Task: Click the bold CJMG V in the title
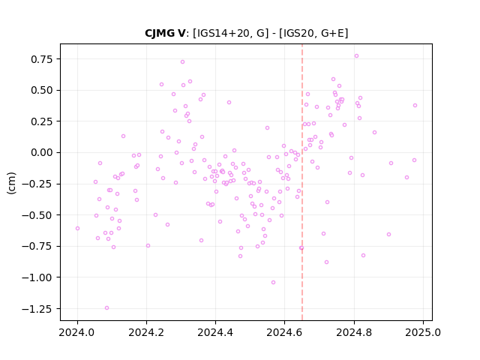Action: (x=165, y=33)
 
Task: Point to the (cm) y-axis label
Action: (x=11, y=183)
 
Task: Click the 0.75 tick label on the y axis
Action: (x=42, y=59)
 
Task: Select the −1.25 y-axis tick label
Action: (x=37, y=309)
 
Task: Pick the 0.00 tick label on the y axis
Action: (x=42, y=152)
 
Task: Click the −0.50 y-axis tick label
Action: (x=37, y=215)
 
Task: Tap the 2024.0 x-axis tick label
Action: (x=77, y=332)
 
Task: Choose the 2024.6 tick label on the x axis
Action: (x=285, y=332)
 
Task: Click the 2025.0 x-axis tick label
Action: (x=423, y=332)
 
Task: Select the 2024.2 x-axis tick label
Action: (x=146, y=332)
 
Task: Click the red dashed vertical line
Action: (x=302, y=182)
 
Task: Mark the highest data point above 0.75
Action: (x=356, y=56)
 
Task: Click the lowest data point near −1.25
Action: (x=106, y=308)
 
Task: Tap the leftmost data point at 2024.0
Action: (x=77, y=228)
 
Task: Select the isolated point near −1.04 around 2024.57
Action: (x=273, y=282)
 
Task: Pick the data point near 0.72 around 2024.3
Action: (x=182, y=61)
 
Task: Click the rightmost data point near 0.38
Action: (x=415, y=105)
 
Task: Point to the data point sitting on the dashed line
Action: (x=301, y=248)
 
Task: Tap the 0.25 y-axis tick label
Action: (x=42, y=121)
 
